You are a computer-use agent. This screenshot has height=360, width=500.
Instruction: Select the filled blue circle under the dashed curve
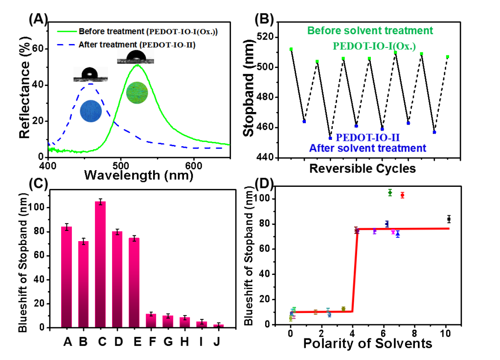(x=91, y=111)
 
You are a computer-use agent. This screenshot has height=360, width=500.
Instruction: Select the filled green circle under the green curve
(x=136, y=93)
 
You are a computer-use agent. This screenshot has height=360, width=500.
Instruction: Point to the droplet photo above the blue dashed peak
(x=91, y=74)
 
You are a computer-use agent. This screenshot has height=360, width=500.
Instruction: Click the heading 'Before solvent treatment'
(x=370, y=31)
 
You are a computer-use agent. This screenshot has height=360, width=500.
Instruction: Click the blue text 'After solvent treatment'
(x=367, y=148)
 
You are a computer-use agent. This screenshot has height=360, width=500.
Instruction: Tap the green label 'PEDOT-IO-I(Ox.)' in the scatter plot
(x=374, y=46)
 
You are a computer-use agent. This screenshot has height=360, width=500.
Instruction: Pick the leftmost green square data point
(x=291, y=49)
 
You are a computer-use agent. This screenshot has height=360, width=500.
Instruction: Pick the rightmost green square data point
(x=447, y=56)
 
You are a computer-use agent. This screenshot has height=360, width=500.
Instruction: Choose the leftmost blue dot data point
(x=304, y=122)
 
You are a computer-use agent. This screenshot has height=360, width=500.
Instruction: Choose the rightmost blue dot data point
(x=434, y=132)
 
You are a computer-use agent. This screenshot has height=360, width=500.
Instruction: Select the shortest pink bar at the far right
(x=219, y=325)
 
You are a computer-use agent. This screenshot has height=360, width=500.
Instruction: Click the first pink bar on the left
(x=67, y=276)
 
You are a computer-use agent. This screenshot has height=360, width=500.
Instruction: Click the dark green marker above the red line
(x=390, y=192)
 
